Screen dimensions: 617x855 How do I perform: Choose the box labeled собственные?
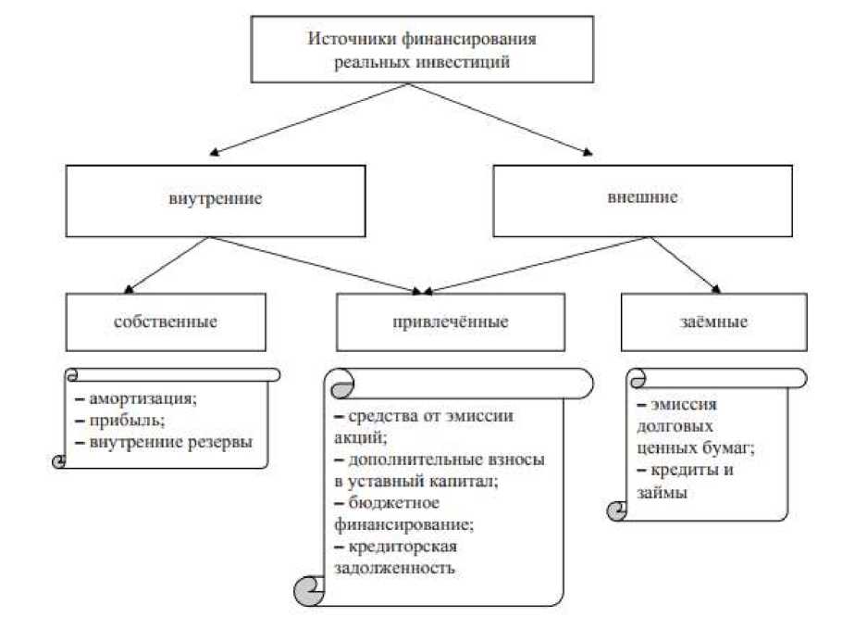(x=167, y=322)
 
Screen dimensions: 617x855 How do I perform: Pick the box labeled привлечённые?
(x=451, y=322)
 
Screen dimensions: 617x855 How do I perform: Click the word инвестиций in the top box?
(x=471, y=63)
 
